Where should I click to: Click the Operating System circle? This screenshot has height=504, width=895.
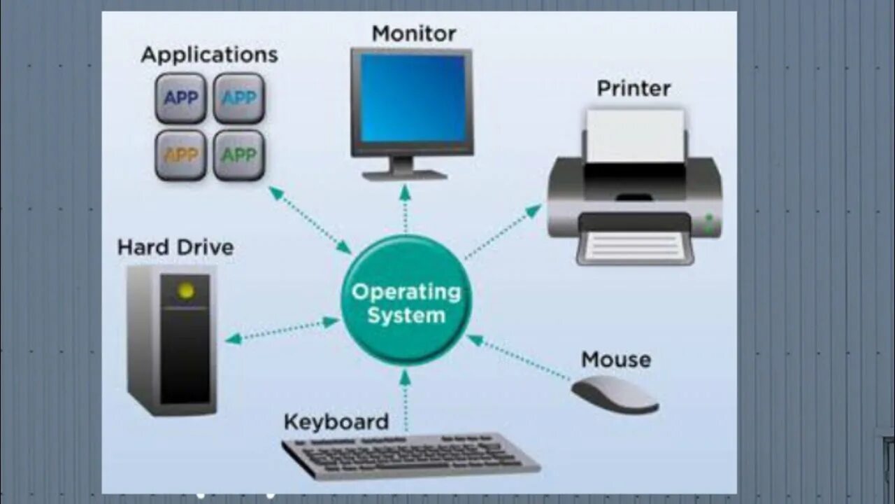click(x=406, y=301)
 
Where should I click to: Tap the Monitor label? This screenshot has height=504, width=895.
click(x=413, y=33)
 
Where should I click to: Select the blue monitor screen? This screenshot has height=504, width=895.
click(x=413, y=98)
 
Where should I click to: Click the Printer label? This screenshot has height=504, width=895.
click(x=633, y=88)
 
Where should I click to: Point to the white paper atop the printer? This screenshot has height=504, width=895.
click(x=635, y=135)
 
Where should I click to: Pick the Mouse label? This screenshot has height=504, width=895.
click(x=615, y=360)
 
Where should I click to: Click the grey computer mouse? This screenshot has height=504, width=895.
click(x=615, y=394)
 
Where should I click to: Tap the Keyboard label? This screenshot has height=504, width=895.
click(x=336, y=422)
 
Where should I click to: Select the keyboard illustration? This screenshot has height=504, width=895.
click(x=410, y=456)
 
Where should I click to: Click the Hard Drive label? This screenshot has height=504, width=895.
click(x=176, y=247)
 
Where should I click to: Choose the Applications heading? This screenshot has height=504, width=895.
click(x=209, y=55)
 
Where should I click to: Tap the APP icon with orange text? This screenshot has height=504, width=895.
click(x=180, y=155)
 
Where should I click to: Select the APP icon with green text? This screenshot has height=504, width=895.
click(x=238, y=155)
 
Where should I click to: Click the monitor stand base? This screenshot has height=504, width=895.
click(x=405, y=174)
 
